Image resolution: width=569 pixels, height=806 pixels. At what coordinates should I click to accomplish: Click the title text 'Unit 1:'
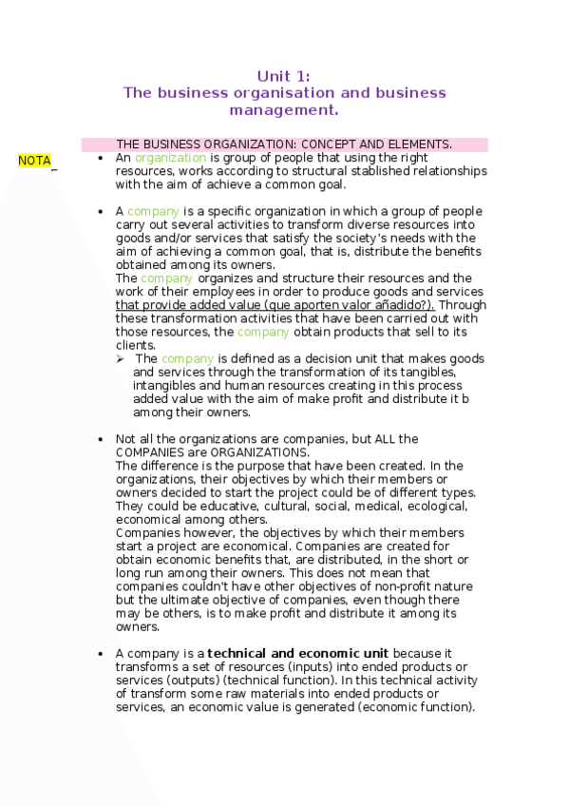[284, 76]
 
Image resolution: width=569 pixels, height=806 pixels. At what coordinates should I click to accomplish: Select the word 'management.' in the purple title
[284, 110]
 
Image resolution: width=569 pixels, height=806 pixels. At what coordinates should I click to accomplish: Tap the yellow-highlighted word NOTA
[34, 161]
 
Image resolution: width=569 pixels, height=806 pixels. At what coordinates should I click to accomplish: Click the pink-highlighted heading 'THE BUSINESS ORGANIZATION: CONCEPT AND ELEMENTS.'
[284, 144]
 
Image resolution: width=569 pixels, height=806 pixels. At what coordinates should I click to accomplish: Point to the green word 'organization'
[170, 158]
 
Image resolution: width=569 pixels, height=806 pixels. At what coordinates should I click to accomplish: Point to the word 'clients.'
[136, 346]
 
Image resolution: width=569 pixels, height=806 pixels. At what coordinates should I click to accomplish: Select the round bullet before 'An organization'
[101, 159]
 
